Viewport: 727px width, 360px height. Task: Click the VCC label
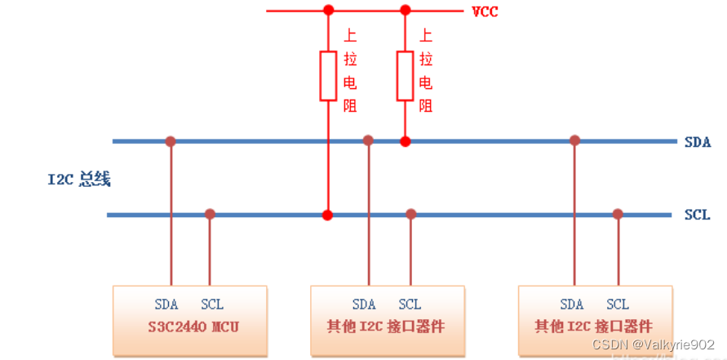click(x=486, y=11)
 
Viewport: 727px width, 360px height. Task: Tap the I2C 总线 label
click(x=78, y=180)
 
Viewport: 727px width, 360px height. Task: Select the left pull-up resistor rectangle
click(x=328, y=75)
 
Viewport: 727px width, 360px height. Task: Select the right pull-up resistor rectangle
click(x=405, y=75)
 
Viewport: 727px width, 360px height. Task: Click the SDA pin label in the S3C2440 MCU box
click(x=166, y=304)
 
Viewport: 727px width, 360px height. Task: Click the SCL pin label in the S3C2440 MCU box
click(x=211, y=304)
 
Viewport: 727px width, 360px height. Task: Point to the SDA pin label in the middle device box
click(x=364, y=304)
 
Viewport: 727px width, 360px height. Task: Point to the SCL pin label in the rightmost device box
click(x=618, y=304)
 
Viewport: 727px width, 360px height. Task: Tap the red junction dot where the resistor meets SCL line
click(x=328, y=216)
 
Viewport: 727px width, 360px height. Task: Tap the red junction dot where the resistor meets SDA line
click(x=405, y=141)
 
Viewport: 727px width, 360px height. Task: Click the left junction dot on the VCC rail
click(x=328, y=11)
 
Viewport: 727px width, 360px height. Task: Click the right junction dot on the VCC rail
click(x=405, y=11)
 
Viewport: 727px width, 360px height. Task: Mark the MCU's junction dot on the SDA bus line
click(x=171, y=141)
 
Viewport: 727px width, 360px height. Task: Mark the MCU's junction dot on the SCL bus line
click(x=210, y=215)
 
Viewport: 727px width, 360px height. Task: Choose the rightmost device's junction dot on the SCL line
click(x=618, y=215)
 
